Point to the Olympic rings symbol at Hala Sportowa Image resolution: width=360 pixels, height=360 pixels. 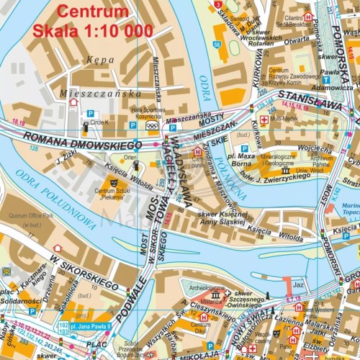(151, 125)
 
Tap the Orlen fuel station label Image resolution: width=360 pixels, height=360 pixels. (130, 157)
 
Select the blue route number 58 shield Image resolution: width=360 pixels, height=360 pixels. (217, 45)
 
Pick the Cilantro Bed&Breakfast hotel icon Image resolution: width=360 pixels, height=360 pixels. (308, 16)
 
